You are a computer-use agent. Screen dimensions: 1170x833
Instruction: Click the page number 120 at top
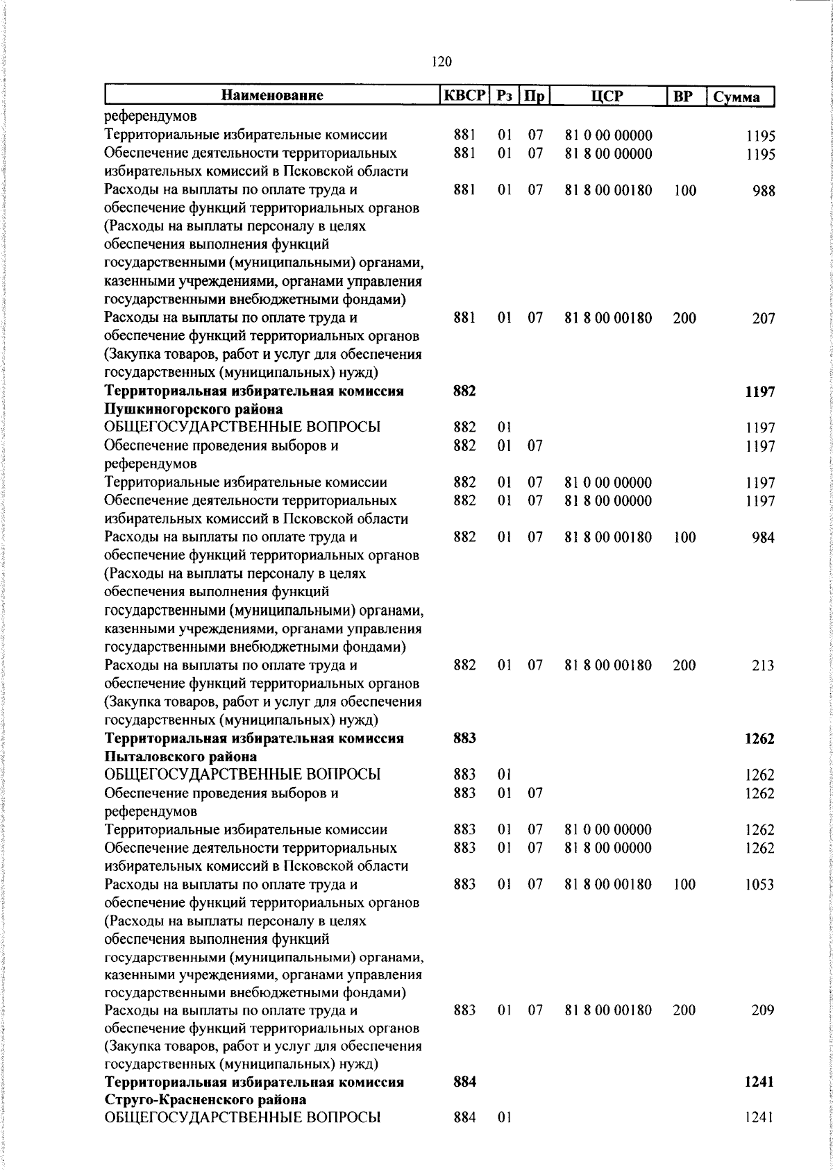coord(441,62)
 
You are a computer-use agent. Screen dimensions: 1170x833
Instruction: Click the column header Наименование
coord(272,95)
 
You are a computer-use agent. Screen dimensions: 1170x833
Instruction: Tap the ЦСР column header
coord(607,96)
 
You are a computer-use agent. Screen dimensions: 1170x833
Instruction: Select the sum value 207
coord(763,319)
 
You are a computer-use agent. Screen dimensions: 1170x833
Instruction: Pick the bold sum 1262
coord(759,738)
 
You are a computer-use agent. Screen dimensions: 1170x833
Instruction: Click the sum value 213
coord(763,665)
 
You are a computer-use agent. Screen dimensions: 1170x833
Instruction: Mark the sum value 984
coord(763,537)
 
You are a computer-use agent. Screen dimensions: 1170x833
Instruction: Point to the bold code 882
coord(464,391)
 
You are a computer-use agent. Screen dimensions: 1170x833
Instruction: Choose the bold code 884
coord(464,1081)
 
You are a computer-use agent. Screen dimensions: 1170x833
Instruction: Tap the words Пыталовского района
coord(180,756)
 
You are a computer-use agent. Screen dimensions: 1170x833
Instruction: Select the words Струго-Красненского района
coord(205,1099)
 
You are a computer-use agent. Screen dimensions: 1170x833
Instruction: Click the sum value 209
coord(763,1010)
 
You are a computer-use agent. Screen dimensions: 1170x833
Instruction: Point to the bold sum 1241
coord(759,1082)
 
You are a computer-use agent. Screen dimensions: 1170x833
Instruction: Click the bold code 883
coord(464,738)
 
